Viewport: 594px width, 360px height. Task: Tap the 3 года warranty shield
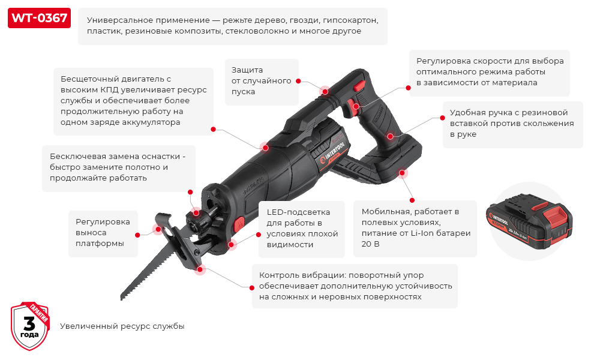pos(29,326)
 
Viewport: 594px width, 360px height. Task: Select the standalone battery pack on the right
pos(527,223)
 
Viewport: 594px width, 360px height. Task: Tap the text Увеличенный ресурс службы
pos(122,326)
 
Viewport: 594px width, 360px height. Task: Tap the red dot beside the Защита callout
pos(299,81)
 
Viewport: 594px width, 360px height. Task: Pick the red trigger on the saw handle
pos(355,108)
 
